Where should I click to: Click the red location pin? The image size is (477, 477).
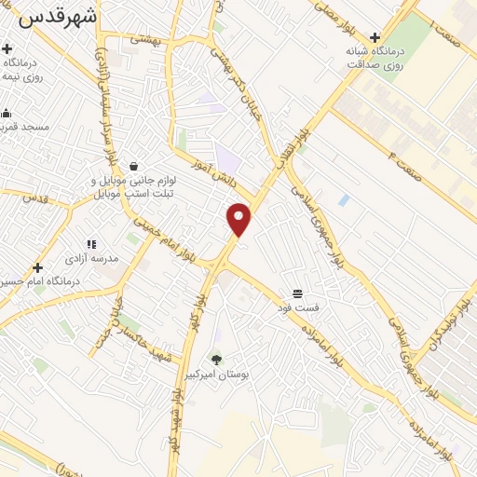pyautogui.click(x=239, y=219)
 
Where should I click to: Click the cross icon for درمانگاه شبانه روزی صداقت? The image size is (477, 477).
pyautogui.click(x=375, y=38)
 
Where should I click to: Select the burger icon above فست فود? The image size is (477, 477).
pyautogui.click(x=298, y=293)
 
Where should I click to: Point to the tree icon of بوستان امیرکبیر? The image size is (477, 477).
pyautogui.click(x=217, y=359)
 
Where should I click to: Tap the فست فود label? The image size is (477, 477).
pyautogui.click(x=300, y=306)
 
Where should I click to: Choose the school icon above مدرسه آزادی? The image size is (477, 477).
pyautogui.click(x=90, y=244)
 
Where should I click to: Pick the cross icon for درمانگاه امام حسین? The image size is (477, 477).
pyautogui.click(x=37, y=267)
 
